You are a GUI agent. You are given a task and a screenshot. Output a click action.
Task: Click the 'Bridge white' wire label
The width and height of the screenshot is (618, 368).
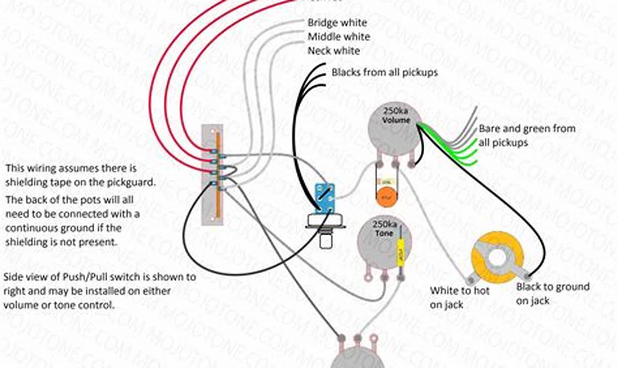(337, 23)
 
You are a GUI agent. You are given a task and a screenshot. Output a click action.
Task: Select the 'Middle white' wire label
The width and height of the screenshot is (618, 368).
(338, 37)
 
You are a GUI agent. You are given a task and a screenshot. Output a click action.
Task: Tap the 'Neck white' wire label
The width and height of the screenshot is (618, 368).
(334, 51)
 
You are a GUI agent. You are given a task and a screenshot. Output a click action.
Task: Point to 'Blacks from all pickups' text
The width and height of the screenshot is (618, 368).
(384, 73)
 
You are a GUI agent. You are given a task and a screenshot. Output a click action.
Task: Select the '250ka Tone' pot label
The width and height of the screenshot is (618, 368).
(385, 228)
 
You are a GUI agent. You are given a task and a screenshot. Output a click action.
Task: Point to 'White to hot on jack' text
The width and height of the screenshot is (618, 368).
(459, 297)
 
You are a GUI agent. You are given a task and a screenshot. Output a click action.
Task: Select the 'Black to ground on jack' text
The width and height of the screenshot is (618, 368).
(552, 293)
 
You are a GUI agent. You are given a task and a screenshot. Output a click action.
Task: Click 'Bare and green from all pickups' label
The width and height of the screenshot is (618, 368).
(527, 136)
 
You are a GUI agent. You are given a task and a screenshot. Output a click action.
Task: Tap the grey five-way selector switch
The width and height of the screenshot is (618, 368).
(212, 174)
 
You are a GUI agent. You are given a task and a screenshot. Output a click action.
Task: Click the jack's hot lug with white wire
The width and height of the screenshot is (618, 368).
(470, 279)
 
